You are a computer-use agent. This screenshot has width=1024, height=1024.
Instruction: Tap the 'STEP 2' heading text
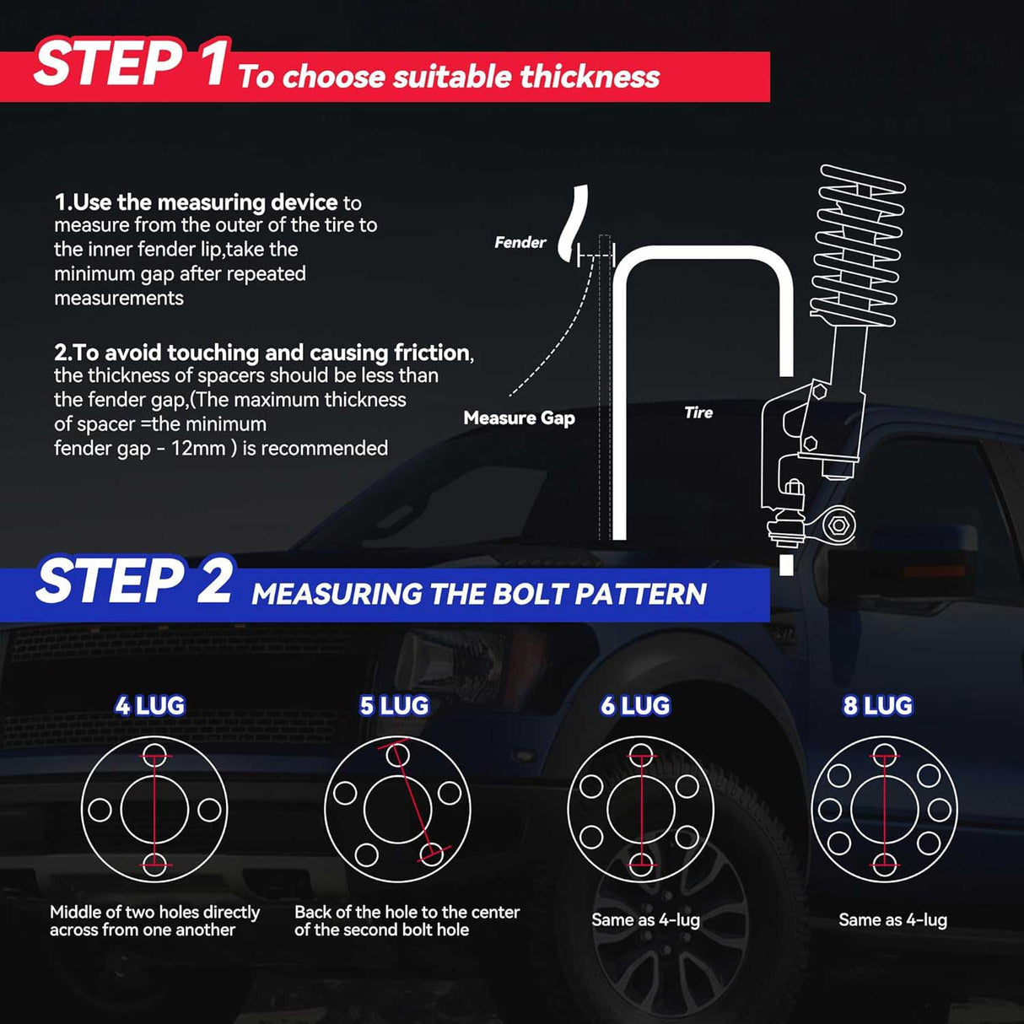pyautogui.click(x=133, y=581)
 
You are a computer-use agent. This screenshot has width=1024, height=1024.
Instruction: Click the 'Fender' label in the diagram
pyautogui.click(x=520, y=242)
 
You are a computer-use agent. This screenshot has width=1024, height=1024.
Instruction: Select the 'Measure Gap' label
pyautogui.click(x=520, y=418)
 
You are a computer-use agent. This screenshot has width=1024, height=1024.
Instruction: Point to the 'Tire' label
pyautogui.click(x=698, y=412)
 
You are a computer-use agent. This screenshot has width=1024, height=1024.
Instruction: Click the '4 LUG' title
pyautogui.click(x=150, y=706)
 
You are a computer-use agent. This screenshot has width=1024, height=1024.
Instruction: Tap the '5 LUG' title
pyautogui.click(x=394, y=706)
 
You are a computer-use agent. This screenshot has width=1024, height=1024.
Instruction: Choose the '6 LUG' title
pyautogui.click(x=635, y=706)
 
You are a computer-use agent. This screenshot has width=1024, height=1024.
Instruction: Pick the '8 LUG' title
pyautogui.click(x=878, y=706)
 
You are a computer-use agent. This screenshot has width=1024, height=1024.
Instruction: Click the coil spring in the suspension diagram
pyautogui.click(x=857, y=246)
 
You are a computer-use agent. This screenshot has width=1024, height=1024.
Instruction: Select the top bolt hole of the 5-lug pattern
pyautogui.click(x=397, y=755)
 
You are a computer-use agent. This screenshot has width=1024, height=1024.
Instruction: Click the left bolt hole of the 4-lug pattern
pyautogui.click(x=100, y=810)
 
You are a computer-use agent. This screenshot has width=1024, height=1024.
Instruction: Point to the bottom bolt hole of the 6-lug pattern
pyautogui.click(x=641, y=865)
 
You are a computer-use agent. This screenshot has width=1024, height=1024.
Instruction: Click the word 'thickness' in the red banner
pyautogui.click(x=590, y=77)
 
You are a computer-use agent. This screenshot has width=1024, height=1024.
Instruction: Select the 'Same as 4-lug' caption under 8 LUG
pyautogui.click(x=892, y=920)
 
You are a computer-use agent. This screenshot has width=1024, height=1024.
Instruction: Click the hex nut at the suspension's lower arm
pyautogui.click(x=839, y=525)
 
